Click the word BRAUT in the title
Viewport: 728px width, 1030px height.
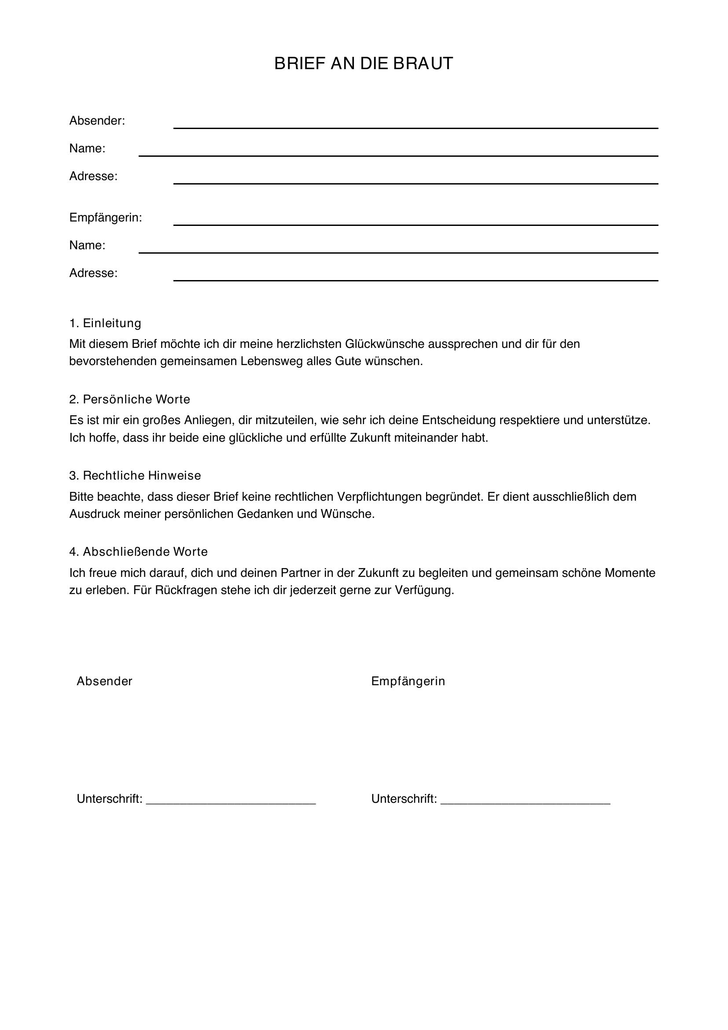coord(423,64)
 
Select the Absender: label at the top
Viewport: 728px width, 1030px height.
coord(97,121)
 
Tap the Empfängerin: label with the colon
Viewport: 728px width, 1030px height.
coord(105,218)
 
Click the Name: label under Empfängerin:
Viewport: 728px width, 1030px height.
coord(87,245)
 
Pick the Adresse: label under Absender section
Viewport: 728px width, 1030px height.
coord(93,176)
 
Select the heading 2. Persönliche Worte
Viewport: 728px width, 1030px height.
coord(129,399)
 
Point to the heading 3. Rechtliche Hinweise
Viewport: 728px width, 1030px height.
coord(135,476)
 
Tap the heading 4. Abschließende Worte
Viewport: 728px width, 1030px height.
coord(138,552)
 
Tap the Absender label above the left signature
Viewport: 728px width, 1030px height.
coord(104,681)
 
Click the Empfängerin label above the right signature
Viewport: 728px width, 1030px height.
coord(408,681)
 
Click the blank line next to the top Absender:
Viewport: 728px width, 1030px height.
coord(415,127)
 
